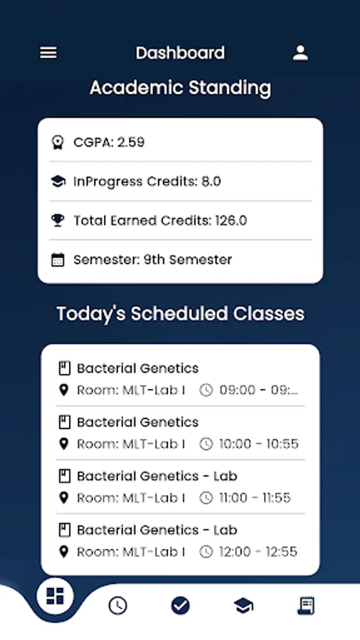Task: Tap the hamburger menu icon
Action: point(48,53)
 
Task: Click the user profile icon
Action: point(300,53)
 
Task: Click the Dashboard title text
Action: point(180,53)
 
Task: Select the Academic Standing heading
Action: point(180,88)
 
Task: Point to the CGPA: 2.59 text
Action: point(109,142)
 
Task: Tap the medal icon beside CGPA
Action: point(58,142)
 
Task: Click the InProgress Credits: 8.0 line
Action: point(147,181)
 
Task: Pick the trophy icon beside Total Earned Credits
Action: point(58,220)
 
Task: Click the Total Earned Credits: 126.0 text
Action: point(160,220)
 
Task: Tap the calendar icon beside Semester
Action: point(58,260)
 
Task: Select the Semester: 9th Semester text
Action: point(152,260)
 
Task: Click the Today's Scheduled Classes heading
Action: point(180,314)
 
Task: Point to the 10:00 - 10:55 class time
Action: point(259,444)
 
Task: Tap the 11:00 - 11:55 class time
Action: point(255,498)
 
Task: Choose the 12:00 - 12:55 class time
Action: point(258,552)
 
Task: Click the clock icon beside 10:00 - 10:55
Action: point(206,444)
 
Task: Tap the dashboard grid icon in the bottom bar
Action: point(55,596)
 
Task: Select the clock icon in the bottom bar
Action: point(117,606)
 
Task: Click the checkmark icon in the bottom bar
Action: point(180,606)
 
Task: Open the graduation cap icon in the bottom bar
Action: point(243,606)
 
